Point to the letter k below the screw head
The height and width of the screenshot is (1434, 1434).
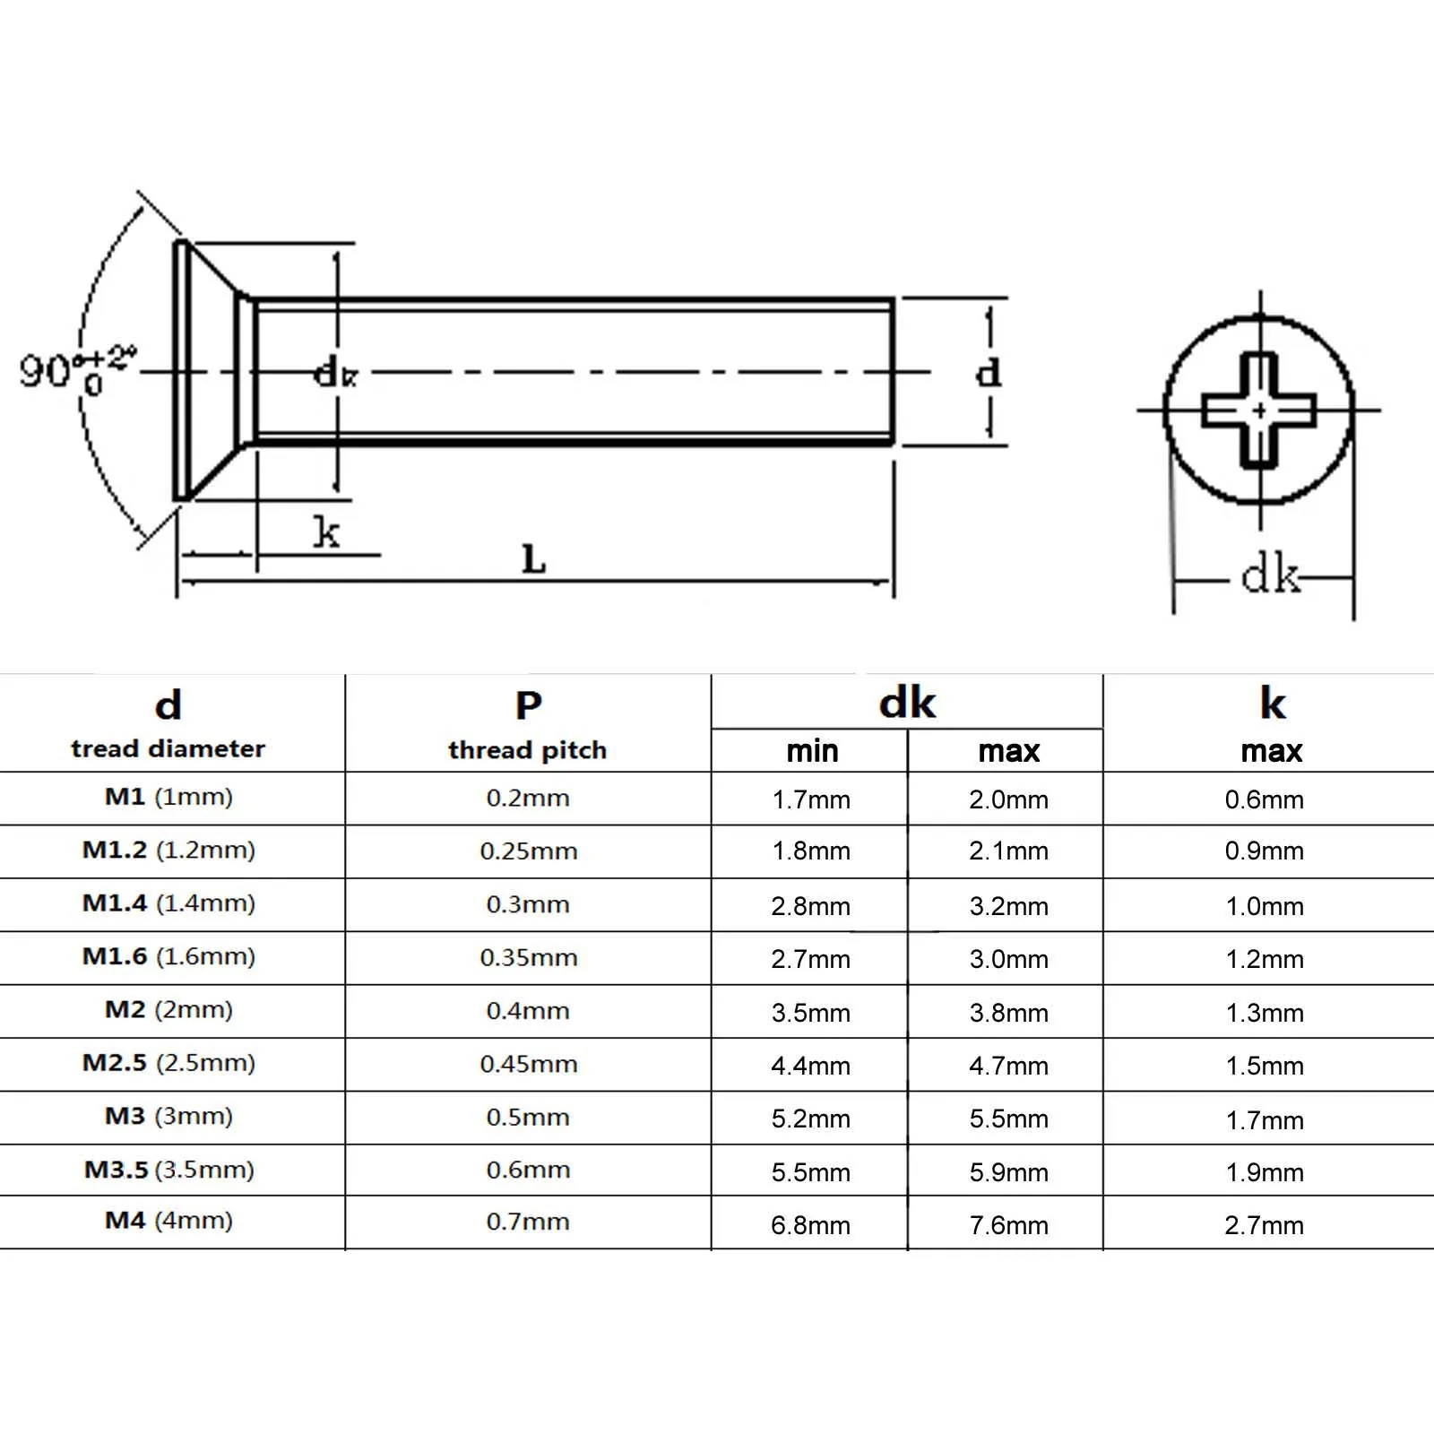click(326, 532)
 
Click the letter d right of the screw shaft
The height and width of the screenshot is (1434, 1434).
click(988, 371)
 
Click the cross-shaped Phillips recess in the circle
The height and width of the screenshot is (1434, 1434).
click(1259, 410)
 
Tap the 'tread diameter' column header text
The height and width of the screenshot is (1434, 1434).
click(168, 748)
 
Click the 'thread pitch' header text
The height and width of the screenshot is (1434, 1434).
click(527, 749)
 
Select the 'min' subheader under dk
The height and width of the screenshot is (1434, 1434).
click(812, 751)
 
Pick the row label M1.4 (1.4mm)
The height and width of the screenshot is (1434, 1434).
click(168, 903)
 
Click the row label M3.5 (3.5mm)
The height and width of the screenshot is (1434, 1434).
click(168, 1170)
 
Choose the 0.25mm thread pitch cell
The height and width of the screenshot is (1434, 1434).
click(528, 851)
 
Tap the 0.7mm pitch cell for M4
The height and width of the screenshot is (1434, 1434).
click(528, 1222)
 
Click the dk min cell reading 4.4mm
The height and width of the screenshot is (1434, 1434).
click(810, 1066)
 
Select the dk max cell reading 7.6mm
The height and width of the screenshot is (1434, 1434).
click(1008, 1225)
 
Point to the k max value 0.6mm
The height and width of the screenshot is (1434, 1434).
click(1264, 799)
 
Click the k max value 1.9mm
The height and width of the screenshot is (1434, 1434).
click(1264, 1172)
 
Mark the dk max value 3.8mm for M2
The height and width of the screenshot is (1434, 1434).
click(1008, 1013)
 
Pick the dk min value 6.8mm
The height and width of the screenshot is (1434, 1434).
click(810, 1225)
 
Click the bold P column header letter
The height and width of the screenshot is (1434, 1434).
click(528, 705)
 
